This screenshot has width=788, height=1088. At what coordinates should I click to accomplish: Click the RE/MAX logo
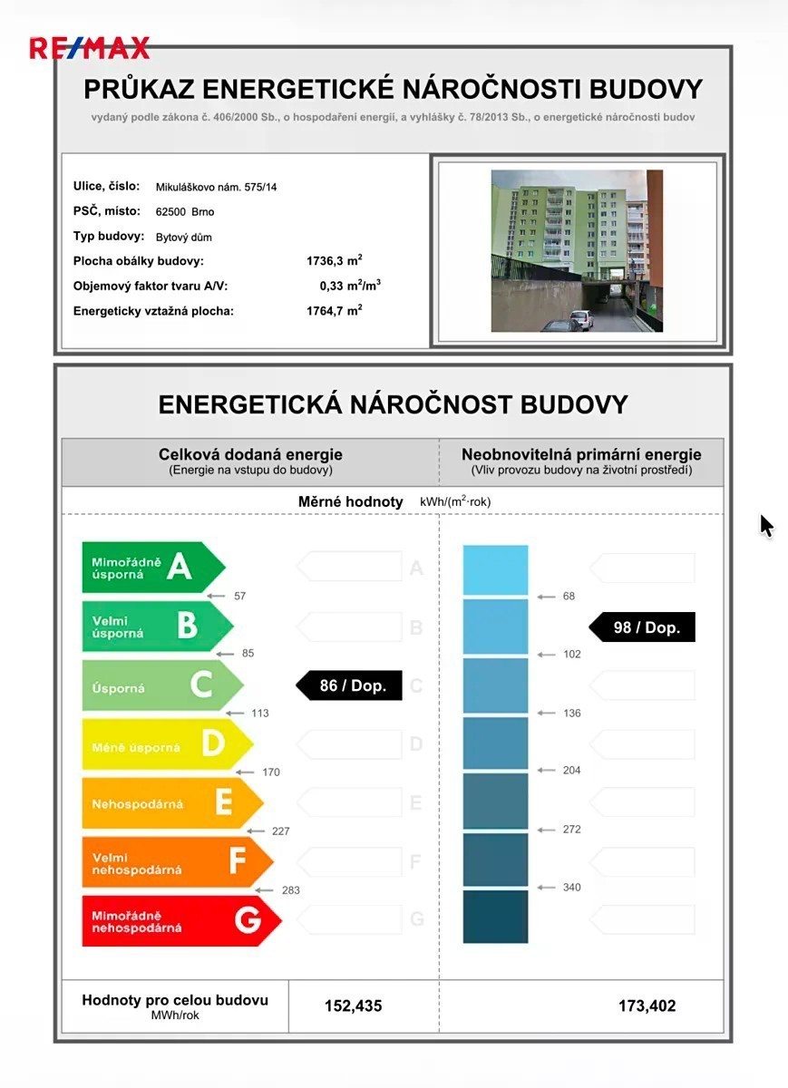coord(89,47)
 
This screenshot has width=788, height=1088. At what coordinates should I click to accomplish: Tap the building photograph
coord(577,251)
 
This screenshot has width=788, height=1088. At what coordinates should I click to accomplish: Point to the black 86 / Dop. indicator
coord(347,685)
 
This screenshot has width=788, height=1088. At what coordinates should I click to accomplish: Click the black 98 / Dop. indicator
coord(642,627)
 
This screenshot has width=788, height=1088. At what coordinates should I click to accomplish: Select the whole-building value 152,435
coord(354,1005)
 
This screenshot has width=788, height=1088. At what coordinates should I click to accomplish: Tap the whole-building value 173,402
coord(647,1005)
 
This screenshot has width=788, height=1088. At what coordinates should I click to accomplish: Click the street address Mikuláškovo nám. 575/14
coord(217,187)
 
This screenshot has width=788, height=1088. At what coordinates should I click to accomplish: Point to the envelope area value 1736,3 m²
coord(335,261)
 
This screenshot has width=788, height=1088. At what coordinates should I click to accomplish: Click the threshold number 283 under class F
coord(290,890)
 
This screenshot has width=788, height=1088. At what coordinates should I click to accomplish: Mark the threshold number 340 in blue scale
coord(571,888)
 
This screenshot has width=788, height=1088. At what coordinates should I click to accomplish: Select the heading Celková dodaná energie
coord(250,455)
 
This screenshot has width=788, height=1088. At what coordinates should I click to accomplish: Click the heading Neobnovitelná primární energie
coord(581,455)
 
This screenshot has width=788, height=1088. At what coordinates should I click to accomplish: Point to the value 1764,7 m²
coord(335,311)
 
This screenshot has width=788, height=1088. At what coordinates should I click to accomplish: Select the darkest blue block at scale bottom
coord(495,917)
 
